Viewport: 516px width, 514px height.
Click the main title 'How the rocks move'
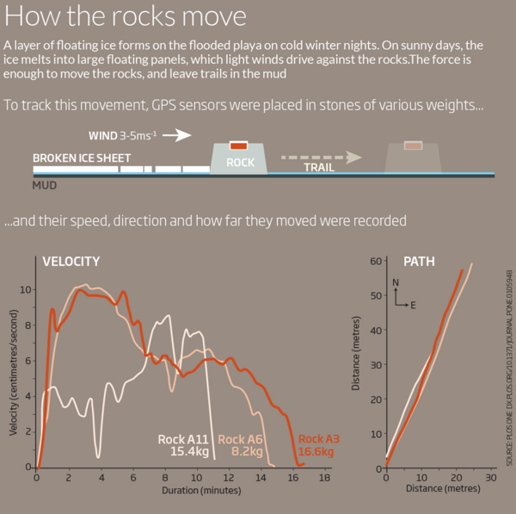pos(126,17)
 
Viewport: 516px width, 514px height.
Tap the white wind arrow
pos(176,135)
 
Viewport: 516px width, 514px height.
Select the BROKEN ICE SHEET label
pos(82,158)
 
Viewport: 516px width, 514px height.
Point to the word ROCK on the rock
pos(239,162)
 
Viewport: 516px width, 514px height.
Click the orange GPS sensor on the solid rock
pos(239,146)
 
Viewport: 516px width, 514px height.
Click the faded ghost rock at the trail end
pos(413,158)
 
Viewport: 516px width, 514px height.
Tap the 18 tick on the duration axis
pos(324,477)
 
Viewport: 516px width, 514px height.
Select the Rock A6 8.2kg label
pos(243,444)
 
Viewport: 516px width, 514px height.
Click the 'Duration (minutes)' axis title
pos(195,491)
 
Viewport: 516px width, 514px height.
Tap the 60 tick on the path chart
pos(375,260)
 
